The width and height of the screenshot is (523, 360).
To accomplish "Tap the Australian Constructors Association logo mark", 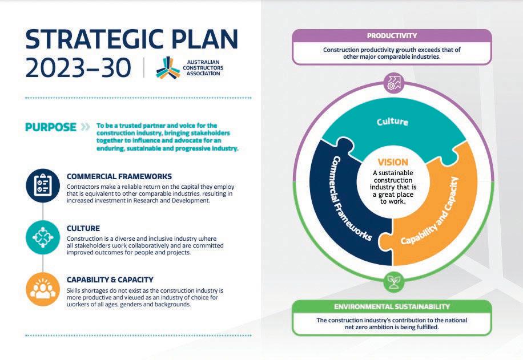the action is pos(168,67).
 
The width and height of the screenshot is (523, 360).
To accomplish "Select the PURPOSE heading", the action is pos(51,127).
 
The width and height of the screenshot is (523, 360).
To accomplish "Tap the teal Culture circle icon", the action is pos(43,238).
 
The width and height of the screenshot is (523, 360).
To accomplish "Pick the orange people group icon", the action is pos(43,289).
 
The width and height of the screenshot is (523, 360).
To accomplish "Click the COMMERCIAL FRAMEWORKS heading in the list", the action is pos(119,176).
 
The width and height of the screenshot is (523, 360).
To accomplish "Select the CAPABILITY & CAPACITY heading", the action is pos(110,280).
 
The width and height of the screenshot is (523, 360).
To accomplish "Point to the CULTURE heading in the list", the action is pos(83,228).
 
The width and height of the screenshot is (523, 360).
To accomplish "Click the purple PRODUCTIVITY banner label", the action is pos(392,36).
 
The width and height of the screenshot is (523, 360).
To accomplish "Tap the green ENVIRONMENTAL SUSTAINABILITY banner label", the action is pos(392,307).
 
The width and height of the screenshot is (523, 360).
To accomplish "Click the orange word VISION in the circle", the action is pos(393,162).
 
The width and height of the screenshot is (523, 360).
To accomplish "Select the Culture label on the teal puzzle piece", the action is pos(392,122).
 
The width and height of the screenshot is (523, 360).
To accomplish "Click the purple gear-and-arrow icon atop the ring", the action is pos(393,83).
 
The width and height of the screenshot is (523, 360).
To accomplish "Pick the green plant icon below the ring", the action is pos(392,280).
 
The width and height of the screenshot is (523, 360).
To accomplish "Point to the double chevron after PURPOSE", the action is pos(86,127).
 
